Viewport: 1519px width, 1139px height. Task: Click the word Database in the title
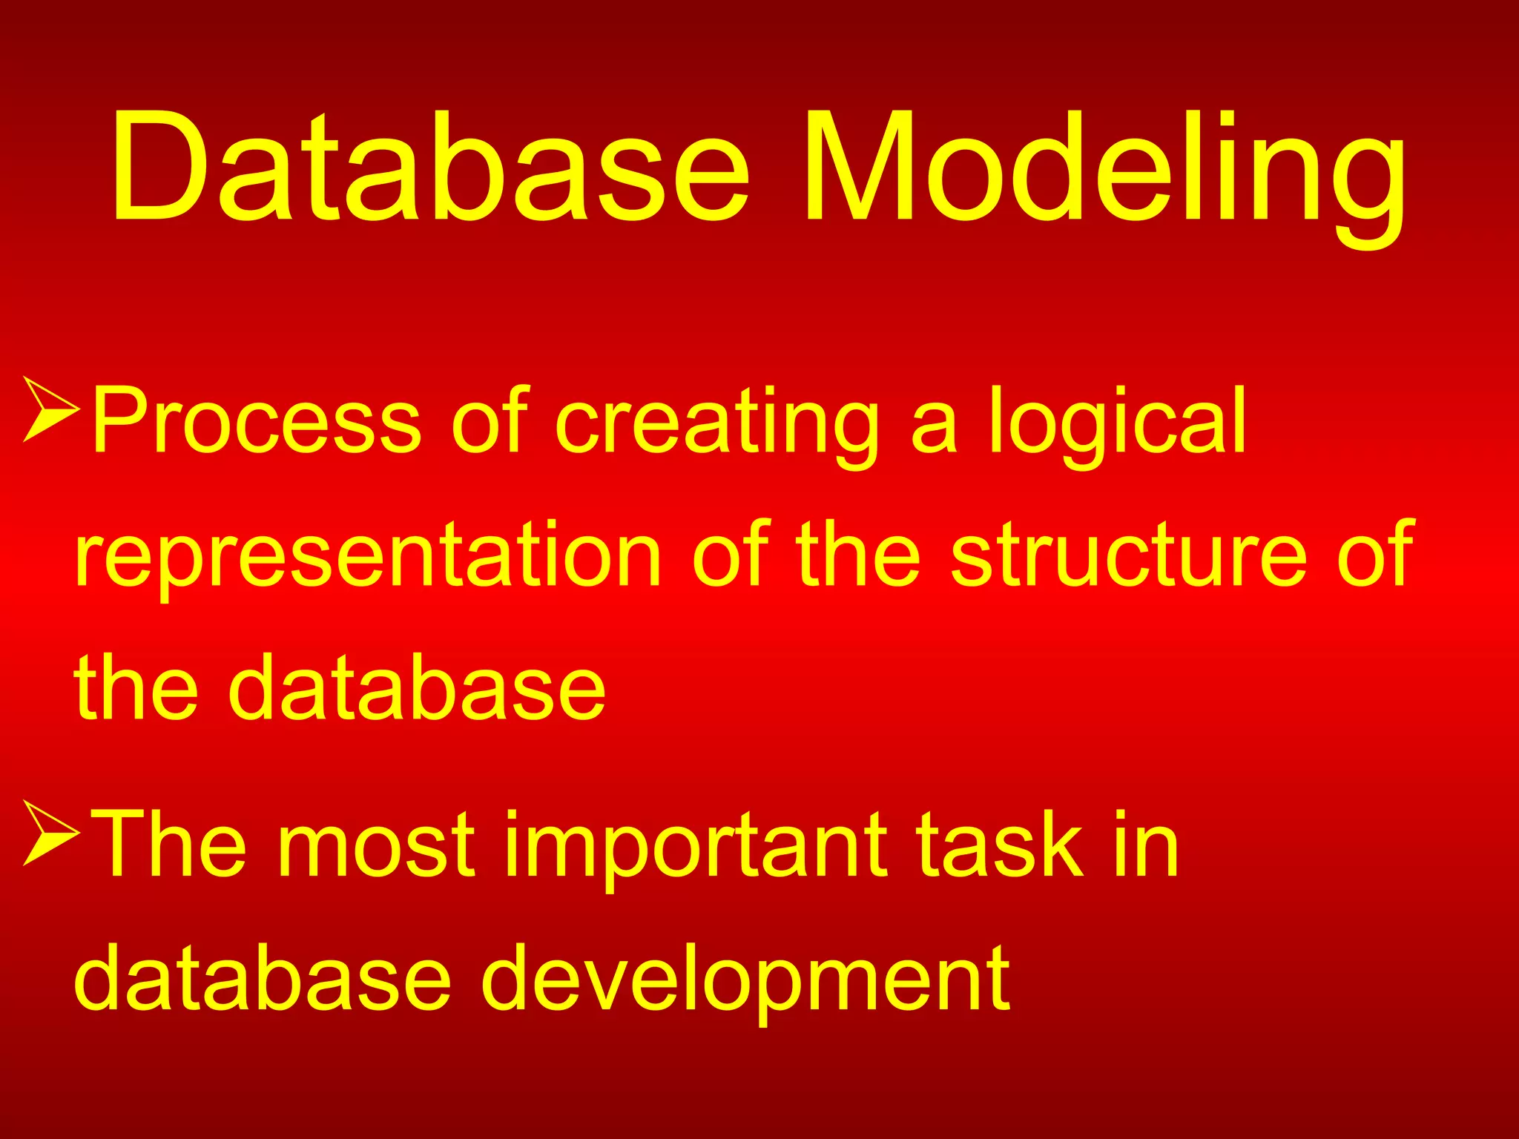tap(430, 167)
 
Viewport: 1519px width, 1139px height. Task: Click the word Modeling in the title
tap(1105, 167)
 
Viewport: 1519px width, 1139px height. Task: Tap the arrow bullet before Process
tap(50, 409)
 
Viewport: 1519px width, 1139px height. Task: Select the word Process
tap(257, 420)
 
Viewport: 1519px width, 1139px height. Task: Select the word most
tap(375, 845)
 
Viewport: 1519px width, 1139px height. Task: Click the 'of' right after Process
tap(490, 420)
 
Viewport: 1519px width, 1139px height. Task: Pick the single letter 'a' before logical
tap(933, 430)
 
